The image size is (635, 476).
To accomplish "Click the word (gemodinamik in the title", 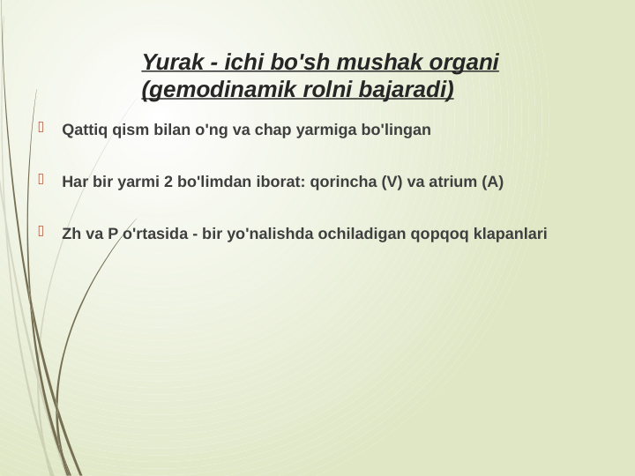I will (x=209, y=90).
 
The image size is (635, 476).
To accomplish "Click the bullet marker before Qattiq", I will (x=41, y=129).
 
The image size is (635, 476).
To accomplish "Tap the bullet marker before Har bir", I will (x=41, y=181).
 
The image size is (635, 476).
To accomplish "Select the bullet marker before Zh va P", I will (x=41, y=233).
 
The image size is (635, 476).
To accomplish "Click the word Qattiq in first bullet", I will (x=85, y=130).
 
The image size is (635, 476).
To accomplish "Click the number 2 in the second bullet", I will (x=168, y=182).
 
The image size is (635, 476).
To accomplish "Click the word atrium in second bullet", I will (x=453, y=182).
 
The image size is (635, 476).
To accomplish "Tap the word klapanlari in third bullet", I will (x=511, y=234).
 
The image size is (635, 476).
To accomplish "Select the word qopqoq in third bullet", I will (x=435, y=234).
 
